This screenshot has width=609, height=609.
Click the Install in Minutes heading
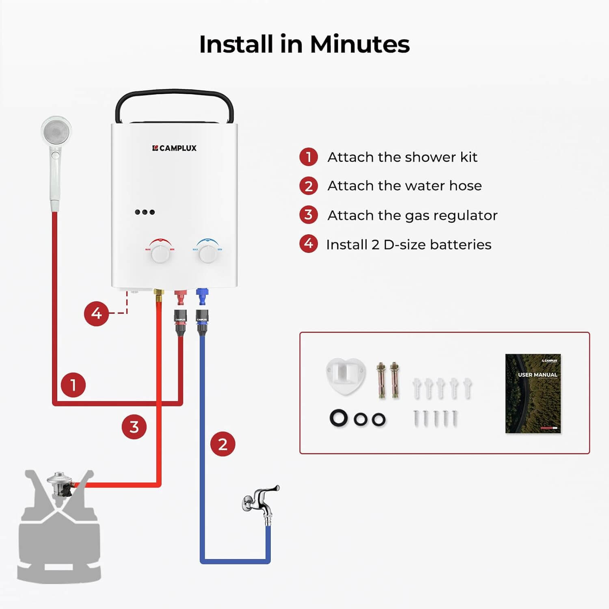(304, 44)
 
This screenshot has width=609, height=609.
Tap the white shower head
(56, 132)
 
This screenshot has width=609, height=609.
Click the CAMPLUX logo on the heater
(174, 148)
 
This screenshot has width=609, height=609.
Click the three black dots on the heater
(145, 212)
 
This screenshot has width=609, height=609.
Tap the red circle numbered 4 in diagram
(96, 313)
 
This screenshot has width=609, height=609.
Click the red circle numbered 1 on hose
(73, 384)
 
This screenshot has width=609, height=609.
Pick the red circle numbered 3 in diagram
(134, 427)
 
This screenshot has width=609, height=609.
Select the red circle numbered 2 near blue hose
(222, 444)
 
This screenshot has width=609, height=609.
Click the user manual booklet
(533, 393)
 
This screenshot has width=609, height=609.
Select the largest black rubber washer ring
(339, 418)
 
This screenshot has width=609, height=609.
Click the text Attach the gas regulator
(412, 215)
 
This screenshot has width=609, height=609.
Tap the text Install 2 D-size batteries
(408, 244)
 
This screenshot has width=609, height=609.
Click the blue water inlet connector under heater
(202, 296)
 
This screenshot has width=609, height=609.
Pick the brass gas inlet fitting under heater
(158, 295)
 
